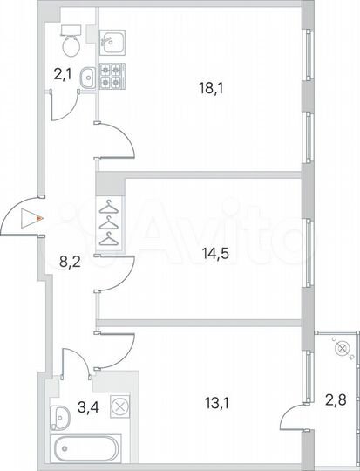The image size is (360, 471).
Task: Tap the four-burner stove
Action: (x=112, y=76)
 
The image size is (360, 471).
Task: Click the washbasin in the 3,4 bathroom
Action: (x=61, y=415)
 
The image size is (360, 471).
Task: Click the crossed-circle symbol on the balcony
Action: (x=342, y=348)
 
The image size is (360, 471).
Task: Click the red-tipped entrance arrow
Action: (x=33, y=219)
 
